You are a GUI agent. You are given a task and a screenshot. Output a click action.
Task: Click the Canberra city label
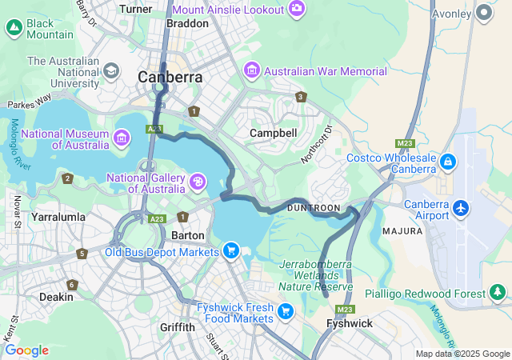pyautogui.click(x=170, y=78)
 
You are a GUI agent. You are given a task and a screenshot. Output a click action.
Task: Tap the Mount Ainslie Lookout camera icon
pyautogui.click(x=297, y=9)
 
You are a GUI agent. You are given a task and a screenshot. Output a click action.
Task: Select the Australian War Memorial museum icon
pyautogui.click(x=252, y=71)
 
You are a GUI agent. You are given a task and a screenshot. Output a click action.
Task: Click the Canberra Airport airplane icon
pyautogui.click(x=460, y=208)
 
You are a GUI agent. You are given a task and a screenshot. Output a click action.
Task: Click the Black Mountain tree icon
pyautogui.click(x=14, y=29)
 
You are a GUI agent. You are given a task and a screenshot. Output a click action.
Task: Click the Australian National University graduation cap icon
pyautogui.click(x=110, y=71)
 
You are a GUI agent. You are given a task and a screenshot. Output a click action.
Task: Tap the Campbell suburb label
pyautogui.click(x=273, y=133)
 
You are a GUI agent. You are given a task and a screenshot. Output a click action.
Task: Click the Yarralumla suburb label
pyautogui.click(x=58, y=217)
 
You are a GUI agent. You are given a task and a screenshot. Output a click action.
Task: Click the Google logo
pyautogui.click(x=26, y=350)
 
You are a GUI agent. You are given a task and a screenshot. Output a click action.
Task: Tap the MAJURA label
pyautogui.click(x=402, y=231)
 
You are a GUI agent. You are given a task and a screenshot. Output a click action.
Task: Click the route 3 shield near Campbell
pyautogui.click(x=301, y=97)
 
